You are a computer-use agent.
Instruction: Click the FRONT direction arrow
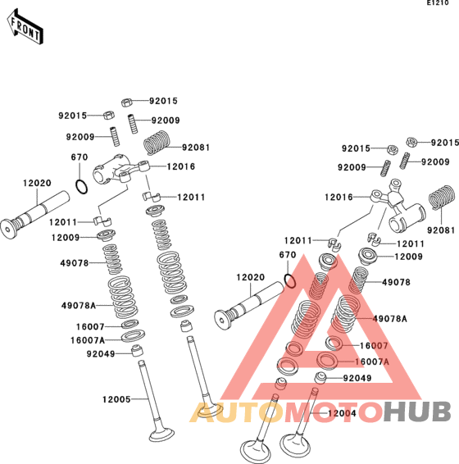coord(25,26)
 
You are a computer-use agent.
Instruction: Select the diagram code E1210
coord(438,3)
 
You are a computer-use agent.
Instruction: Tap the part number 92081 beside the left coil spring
coord(196,148)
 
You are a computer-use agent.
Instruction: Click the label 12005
coord(116,399)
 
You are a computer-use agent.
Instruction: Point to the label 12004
coord(342,413)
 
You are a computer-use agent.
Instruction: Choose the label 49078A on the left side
coord(79,306)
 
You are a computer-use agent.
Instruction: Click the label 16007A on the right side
coord(372,362)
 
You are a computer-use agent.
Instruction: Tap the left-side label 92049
coord(101,353)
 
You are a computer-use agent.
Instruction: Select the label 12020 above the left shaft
coord(37,183)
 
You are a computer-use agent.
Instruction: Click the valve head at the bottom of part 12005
coord(161,434)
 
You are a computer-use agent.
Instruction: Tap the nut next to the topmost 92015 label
coord(127,102)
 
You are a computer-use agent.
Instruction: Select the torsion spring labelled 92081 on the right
coord(442,197)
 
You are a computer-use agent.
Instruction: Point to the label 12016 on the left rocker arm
coord(181,166)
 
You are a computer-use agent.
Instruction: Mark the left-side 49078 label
coord(75,263)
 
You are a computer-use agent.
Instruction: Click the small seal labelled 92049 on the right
coord(320,378)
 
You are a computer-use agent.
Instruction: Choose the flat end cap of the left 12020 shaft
coord(7,229)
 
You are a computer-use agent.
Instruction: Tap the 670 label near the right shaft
coord(288,255)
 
